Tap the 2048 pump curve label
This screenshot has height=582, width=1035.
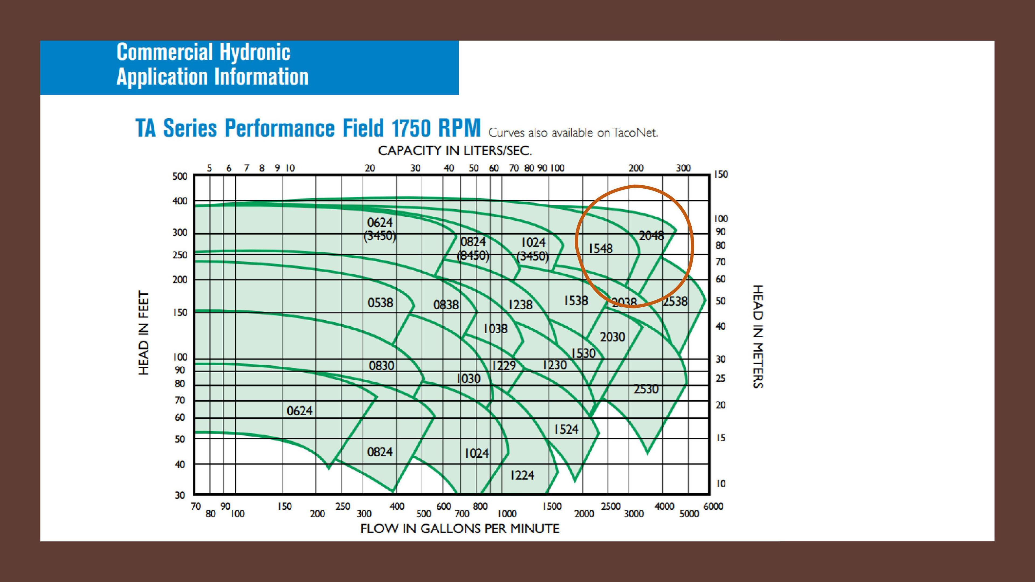coord(651,236)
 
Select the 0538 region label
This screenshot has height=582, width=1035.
coord(380,302)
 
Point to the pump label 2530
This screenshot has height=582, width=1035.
coord(646,389)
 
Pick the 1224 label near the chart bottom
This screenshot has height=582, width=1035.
coord(522,475)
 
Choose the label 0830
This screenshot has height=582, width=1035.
coord(381,366)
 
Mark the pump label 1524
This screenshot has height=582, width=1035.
coord(566,429)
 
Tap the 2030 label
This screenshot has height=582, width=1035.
coord(612,337)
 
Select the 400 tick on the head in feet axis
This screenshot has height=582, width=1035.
coord(180,201)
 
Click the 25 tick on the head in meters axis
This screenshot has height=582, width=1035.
coord(720,378)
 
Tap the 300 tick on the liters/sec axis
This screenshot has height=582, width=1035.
coord(683,168)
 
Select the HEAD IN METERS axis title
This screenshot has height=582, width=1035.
coord(757,337)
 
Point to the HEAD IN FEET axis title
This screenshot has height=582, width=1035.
coord(143,332)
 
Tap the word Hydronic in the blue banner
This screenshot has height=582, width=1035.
coord(255,52)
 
